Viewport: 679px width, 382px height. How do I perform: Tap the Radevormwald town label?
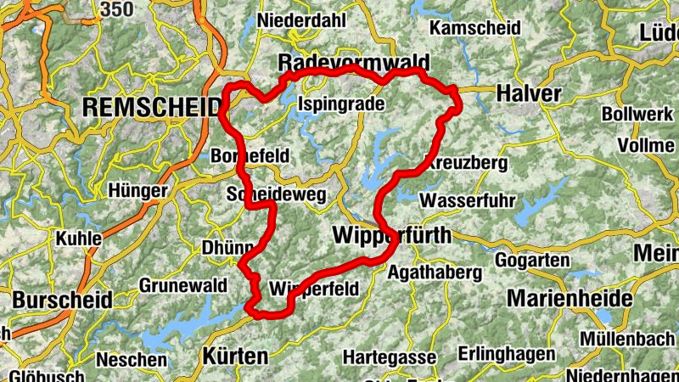[354, 64]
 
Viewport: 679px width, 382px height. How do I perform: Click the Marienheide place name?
[570, 298]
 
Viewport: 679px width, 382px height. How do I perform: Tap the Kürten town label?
[235, 356]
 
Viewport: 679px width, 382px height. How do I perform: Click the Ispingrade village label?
[341, 104]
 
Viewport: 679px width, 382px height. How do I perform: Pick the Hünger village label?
[137, 192]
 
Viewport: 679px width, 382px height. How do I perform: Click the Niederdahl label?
[296, 20]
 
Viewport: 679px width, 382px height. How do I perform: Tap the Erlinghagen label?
[498, 352]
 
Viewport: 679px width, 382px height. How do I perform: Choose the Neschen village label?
[132, 360]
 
